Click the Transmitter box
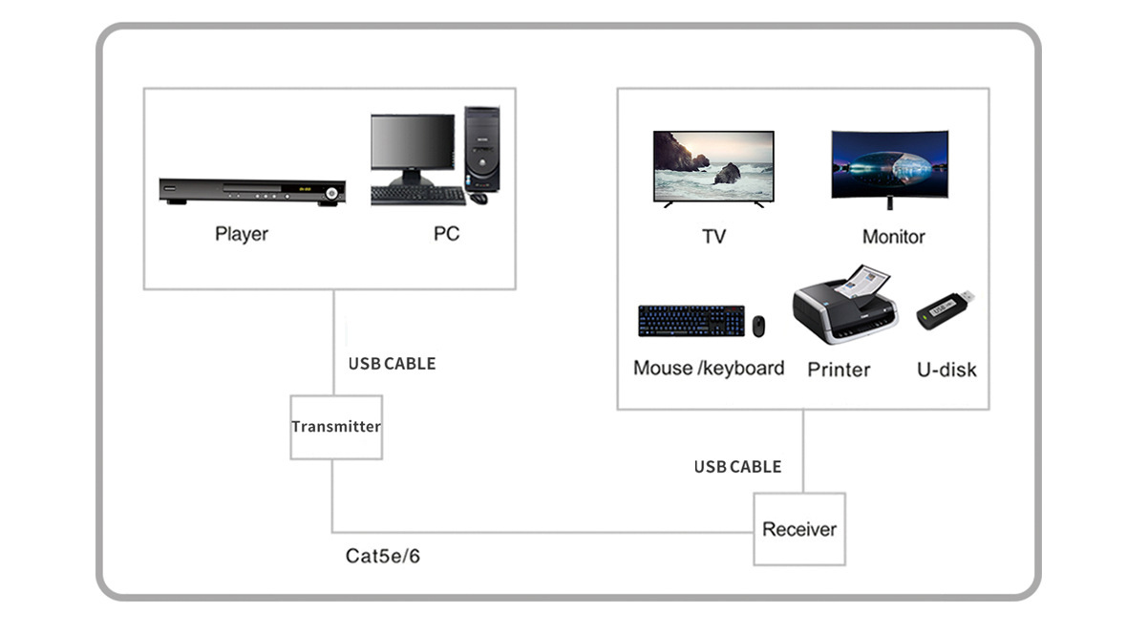[x=336, y=427]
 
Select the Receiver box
[x=799, y=529]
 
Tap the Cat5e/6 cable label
[x=383, y=555]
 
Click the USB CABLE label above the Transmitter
[x=392, y=364]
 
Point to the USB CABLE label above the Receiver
[x=737, y=467]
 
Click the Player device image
[x=252, y=191]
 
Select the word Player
[x=242, y=234]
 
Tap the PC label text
[x=446, y=234]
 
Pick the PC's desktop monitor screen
[x=413, y=143]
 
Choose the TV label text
[x=713, y=236]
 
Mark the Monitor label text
[x=893, y=236]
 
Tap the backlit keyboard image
[x=691, y=321]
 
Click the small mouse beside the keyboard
[x=758, y=326]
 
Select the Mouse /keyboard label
[x=709, y=369]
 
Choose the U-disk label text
[x=946, y=370]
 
